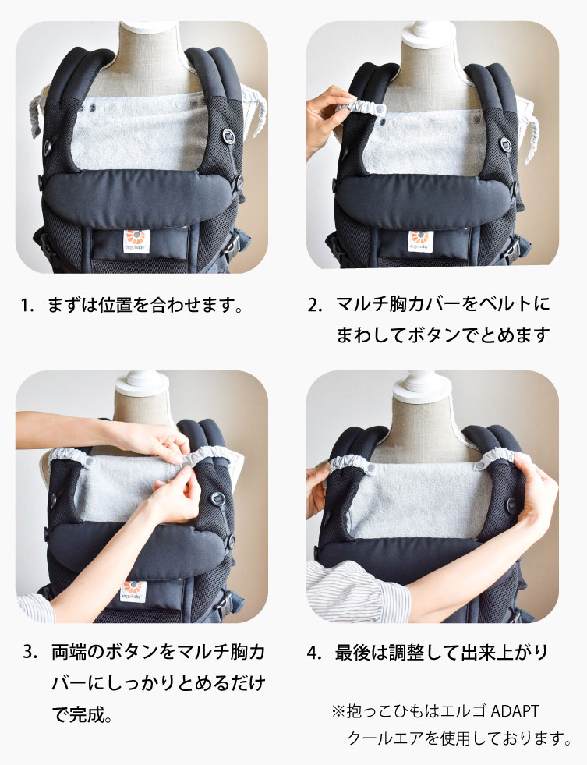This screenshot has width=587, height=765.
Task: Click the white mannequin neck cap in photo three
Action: tap(140, 382)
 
